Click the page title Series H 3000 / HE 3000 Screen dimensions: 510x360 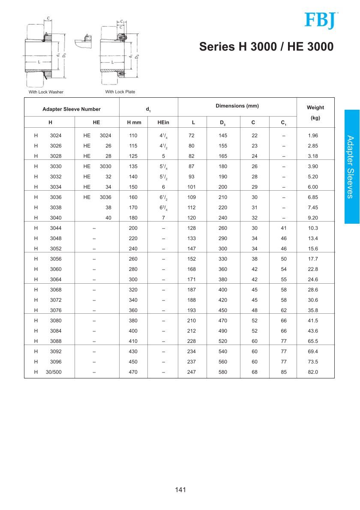(266, 47)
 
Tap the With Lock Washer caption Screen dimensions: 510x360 (46, 92)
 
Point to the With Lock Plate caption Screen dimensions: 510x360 (120, 92)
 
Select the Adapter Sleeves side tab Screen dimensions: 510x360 (351, 167)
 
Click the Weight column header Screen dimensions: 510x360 (315, 108)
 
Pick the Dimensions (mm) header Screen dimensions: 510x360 (237, 106)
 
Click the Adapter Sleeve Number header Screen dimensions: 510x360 (72, 109)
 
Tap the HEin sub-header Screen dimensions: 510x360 (163, 123)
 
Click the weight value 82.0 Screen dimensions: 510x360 (313, 372)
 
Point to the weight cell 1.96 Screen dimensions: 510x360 (313, 135)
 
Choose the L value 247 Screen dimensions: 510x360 (192, 372)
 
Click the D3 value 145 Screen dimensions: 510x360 (223, 135)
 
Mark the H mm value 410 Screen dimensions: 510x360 (133, 341)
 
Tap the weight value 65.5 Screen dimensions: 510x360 (313, 341)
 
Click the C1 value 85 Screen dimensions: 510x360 (284, 372)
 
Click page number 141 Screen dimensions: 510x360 (180, 490)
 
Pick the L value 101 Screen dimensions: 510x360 (192, 187)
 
